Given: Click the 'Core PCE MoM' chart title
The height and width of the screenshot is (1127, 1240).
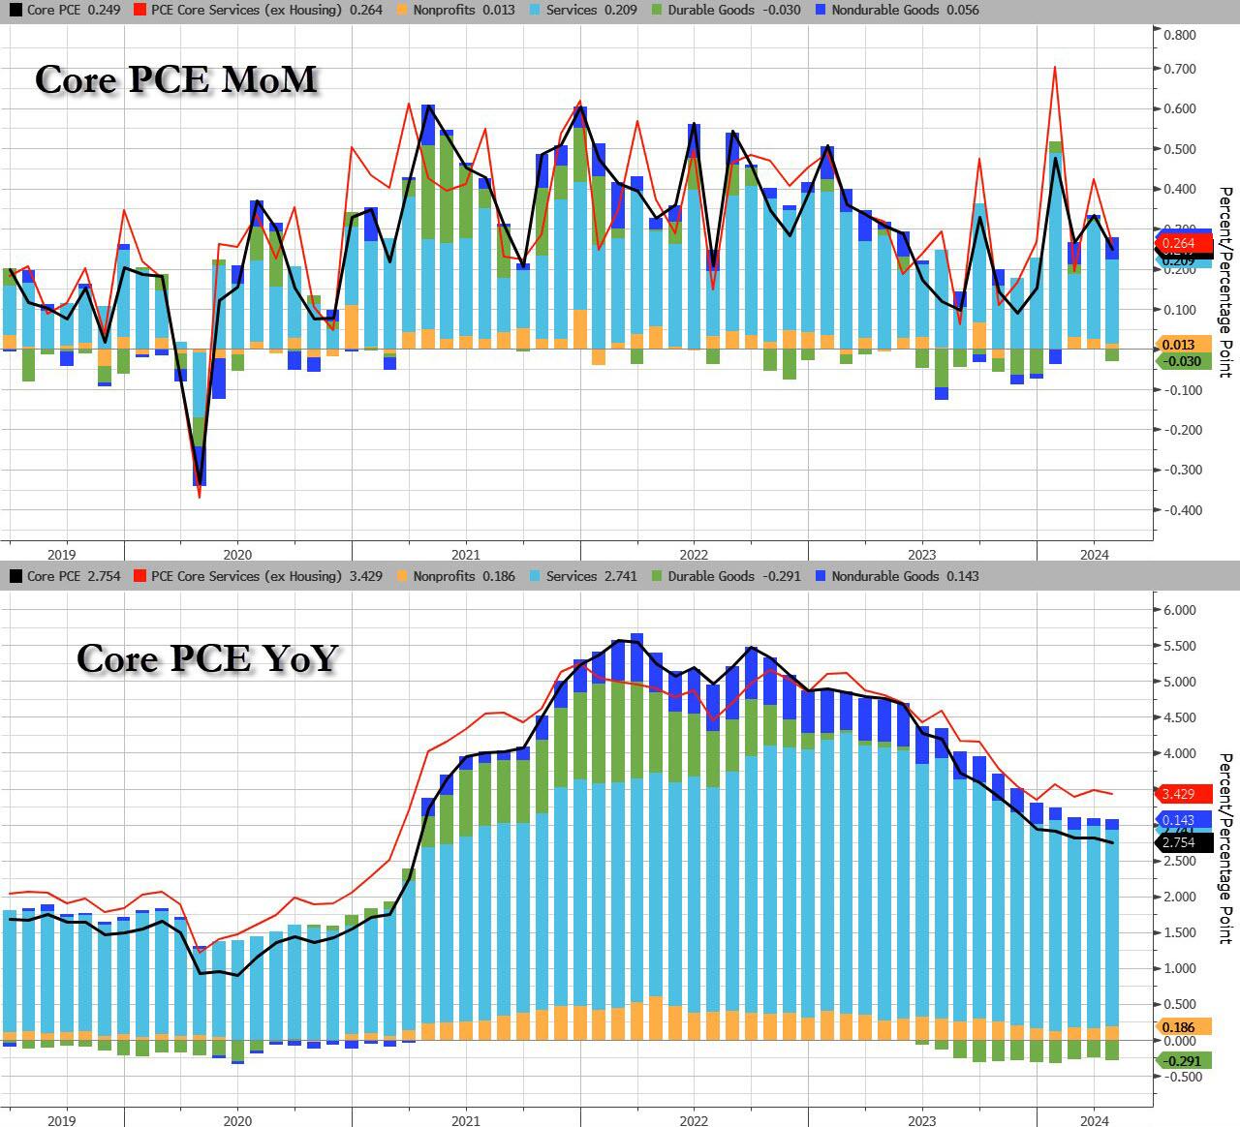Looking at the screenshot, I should [x=176, y=79].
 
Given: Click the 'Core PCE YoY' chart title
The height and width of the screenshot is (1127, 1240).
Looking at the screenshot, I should [x=207, y=657].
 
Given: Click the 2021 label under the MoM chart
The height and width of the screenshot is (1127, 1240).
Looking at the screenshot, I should [x=466, y=555].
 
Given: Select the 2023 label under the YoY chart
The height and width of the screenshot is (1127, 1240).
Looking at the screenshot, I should [x=921, y=1120].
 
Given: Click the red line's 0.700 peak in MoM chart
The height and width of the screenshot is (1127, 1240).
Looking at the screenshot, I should [x=1054, y=67].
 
